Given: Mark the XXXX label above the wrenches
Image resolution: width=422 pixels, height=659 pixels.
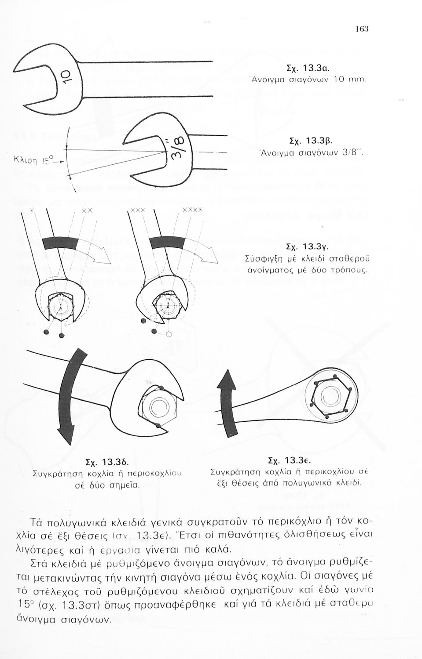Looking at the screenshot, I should pos(192,210).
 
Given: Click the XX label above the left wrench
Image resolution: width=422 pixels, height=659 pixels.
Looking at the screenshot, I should pos(87,211).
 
